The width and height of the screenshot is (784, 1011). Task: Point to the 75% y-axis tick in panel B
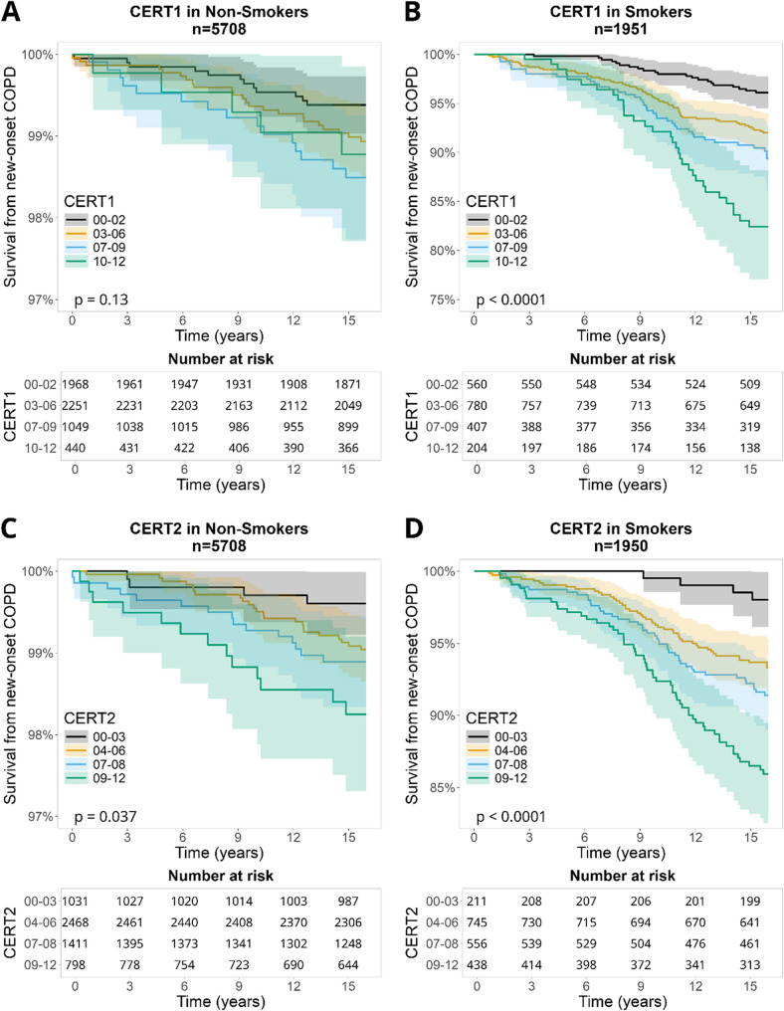(446, 300)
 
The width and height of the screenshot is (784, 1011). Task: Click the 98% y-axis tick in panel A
(44, 218)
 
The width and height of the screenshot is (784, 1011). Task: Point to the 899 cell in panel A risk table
(345, 428)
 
